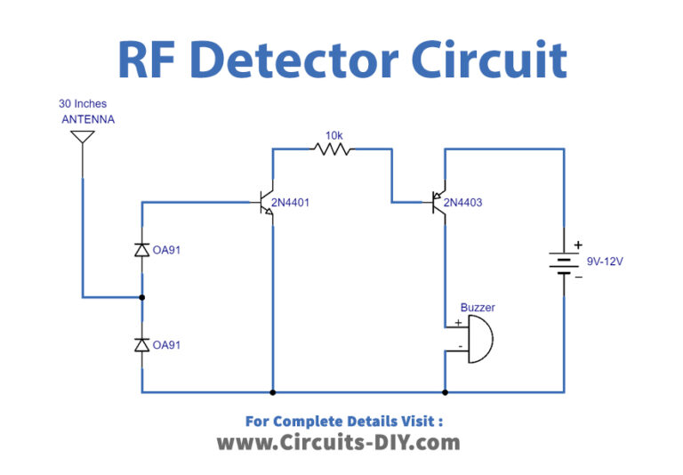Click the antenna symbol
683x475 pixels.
tap(82, 139)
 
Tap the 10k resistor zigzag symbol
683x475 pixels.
tap(333, 149)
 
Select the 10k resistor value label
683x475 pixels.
tap(333, 135)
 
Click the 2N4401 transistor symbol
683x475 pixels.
tap(265, 204)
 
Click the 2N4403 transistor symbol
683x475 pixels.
tap(437, 204)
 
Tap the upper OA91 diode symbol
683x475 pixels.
tap(141, 251)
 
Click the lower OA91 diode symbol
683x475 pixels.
tap(141, 344)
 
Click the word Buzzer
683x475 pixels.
tap(478, 307)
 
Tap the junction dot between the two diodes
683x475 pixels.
tap(141, 297)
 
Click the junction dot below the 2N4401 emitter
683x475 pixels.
tap(272, 391)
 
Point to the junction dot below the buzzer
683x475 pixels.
tap(445, 391)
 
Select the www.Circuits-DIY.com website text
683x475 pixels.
tap(338, 442)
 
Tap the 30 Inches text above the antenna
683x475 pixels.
tap(83, 104)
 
